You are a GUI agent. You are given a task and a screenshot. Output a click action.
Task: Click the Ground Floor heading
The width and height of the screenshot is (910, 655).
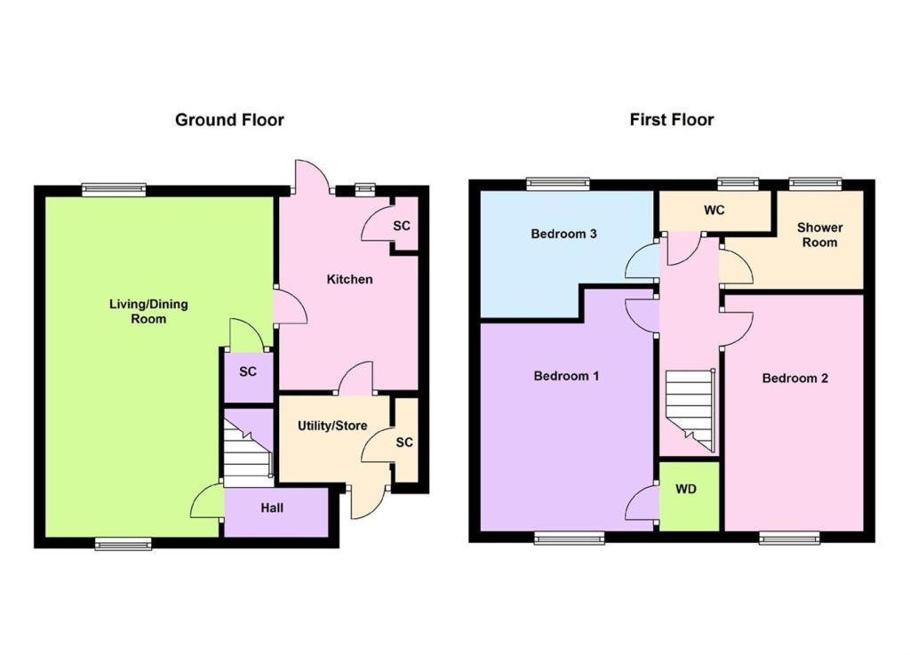(229, 120)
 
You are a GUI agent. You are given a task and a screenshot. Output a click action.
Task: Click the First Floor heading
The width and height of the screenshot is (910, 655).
(672, 119)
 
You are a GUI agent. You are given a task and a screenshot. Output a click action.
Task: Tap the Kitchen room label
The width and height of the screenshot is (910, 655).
(349, 279)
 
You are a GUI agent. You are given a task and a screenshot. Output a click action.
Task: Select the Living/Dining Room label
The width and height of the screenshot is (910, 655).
(148, 311)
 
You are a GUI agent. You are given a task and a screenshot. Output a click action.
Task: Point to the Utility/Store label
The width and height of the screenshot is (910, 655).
(332, 426)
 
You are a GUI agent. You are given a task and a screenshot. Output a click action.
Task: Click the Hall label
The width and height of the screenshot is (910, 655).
(272, 508)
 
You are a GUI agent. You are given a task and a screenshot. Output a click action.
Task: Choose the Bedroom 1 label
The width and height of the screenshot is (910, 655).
(566, 376)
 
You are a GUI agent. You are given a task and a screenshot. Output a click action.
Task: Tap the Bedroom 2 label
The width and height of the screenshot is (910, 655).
(794, 379)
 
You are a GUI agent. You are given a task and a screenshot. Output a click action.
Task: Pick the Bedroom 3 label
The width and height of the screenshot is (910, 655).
(563, 234)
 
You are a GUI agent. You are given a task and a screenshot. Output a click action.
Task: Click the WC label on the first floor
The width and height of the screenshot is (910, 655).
(714, 210)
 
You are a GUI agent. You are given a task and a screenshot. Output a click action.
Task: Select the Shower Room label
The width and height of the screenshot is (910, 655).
(819, 235)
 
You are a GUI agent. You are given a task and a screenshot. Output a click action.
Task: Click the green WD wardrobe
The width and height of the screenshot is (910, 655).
(690, 496)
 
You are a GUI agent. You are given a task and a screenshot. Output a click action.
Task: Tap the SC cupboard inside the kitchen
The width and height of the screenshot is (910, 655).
(405, 224)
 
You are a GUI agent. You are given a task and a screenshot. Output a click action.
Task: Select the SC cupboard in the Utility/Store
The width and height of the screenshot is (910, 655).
(406, 440)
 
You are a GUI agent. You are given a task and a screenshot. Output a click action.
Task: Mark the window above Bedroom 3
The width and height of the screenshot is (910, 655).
(558, 185)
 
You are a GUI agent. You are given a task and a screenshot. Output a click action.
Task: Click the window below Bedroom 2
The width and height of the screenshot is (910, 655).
(789, 538)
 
